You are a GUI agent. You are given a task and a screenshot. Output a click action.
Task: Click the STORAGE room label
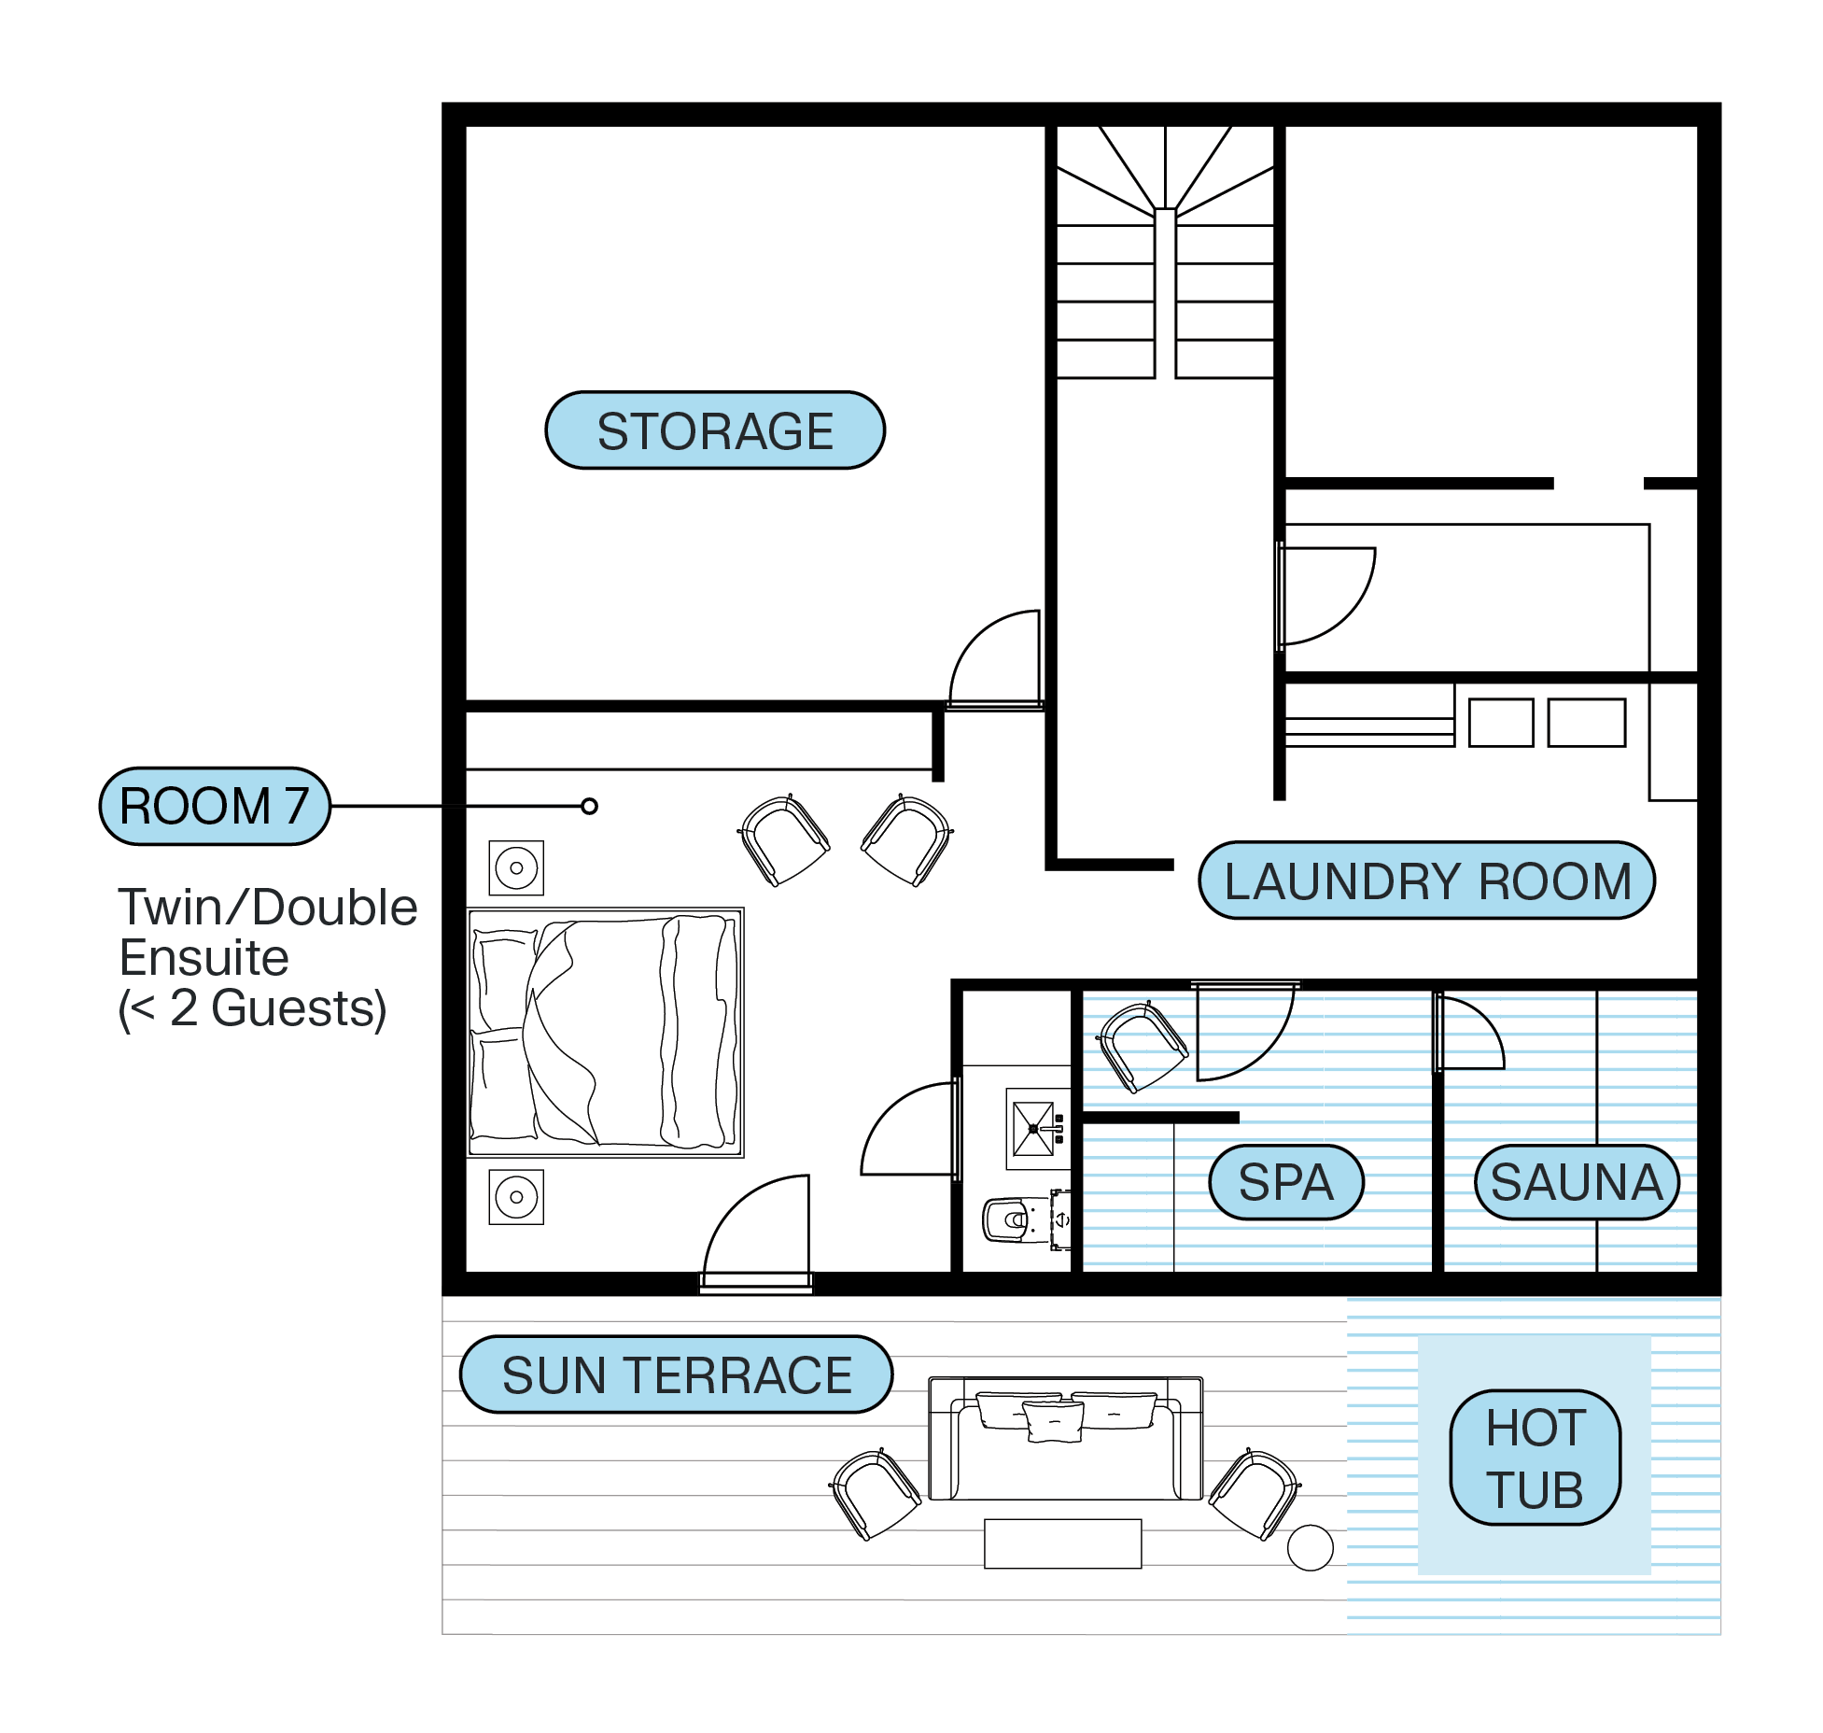tap(715, 430)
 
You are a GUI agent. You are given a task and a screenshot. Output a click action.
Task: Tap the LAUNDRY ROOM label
tap(1426, 881)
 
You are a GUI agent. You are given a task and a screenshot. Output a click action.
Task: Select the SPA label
tap(1285, 1182)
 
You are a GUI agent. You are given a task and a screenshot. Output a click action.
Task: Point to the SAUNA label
tap(1577, 1182)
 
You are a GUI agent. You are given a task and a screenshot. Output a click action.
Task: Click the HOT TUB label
tap(1535, 1458)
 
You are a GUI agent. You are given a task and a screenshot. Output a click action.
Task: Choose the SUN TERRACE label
tap(677, 1374)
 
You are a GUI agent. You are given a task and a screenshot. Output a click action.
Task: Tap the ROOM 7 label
tap(215, 807)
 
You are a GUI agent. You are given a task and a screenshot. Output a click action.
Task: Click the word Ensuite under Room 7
tap(203, 958)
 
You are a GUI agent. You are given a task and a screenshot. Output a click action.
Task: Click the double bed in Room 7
tap(605, 1032)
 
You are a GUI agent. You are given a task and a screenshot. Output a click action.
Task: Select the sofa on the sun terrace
tap(1065, 1439)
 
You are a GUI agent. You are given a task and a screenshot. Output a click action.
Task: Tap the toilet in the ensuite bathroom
tap(1008, 1219)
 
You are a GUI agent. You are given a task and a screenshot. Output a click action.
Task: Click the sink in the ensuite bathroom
tap(1034, 1129)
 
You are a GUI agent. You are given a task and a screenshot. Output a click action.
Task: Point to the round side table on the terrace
tap(1310, 1547)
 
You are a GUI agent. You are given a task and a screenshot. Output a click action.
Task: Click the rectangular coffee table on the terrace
tap(1062, 1543)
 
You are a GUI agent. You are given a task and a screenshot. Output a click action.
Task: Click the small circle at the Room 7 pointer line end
tap(589, 806)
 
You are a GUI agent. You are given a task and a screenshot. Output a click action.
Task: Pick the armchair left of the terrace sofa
tap(876, 1494)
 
